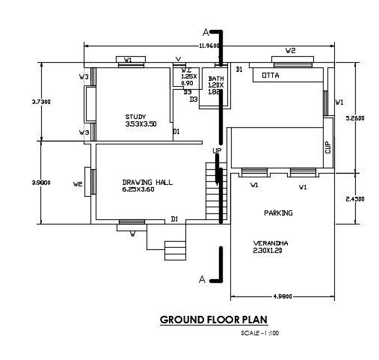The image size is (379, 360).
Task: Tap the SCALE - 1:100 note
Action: [x=259, y=333]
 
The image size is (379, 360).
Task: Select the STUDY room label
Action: [x=135, y=116]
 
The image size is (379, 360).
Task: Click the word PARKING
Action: [x=278, y=213]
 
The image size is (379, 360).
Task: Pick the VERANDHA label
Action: [x=270, y=243]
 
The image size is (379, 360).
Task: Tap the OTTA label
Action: [x=270, y=76]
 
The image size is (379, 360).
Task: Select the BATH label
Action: [x=216, y=78]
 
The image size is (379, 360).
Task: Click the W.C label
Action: [x=188, y=70]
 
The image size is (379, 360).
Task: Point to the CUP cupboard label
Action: [x=327, y=147]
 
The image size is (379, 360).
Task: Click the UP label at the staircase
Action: [x=217, y=151]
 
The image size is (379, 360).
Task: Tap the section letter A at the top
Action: [x=204, y=32]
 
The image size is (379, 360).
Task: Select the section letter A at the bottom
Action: [x=202, y=279]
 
